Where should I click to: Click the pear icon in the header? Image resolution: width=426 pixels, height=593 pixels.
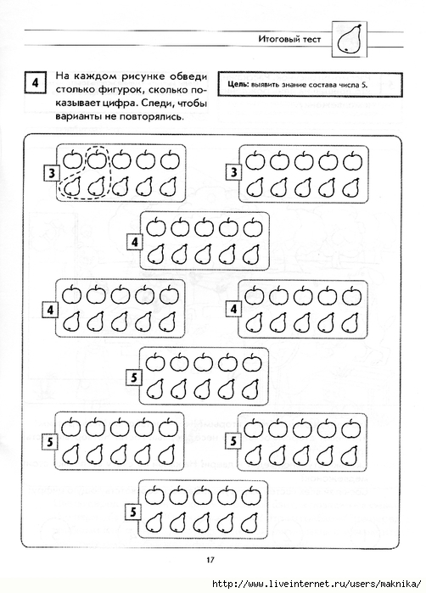(349, 39)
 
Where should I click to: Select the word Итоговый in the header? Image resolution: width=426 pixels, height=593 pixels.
(275, 38)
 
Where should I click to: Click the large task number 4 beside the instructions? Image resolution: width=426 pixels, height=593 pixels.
(36, 82)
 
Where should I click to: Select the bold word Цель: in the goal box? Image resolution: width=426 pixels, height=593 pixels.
(238, 84)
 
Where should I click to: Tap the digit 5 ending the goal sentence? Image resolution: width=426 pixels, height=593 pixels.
(365, 84)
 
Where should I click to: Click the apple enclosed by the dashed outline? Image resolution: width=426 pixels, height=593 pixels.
(98, 159)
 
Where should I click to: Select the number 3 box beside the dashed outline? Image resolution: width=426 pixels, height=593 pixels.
(52, 174)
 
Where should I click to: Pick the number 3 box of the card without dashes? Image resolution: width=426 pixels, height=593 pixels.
(234, 172)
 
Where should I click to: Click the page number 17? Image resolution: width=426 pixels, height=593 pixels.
(210, 559)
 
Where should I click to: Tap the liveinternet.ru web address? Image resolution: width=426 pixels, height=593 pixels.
(317, 583)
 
